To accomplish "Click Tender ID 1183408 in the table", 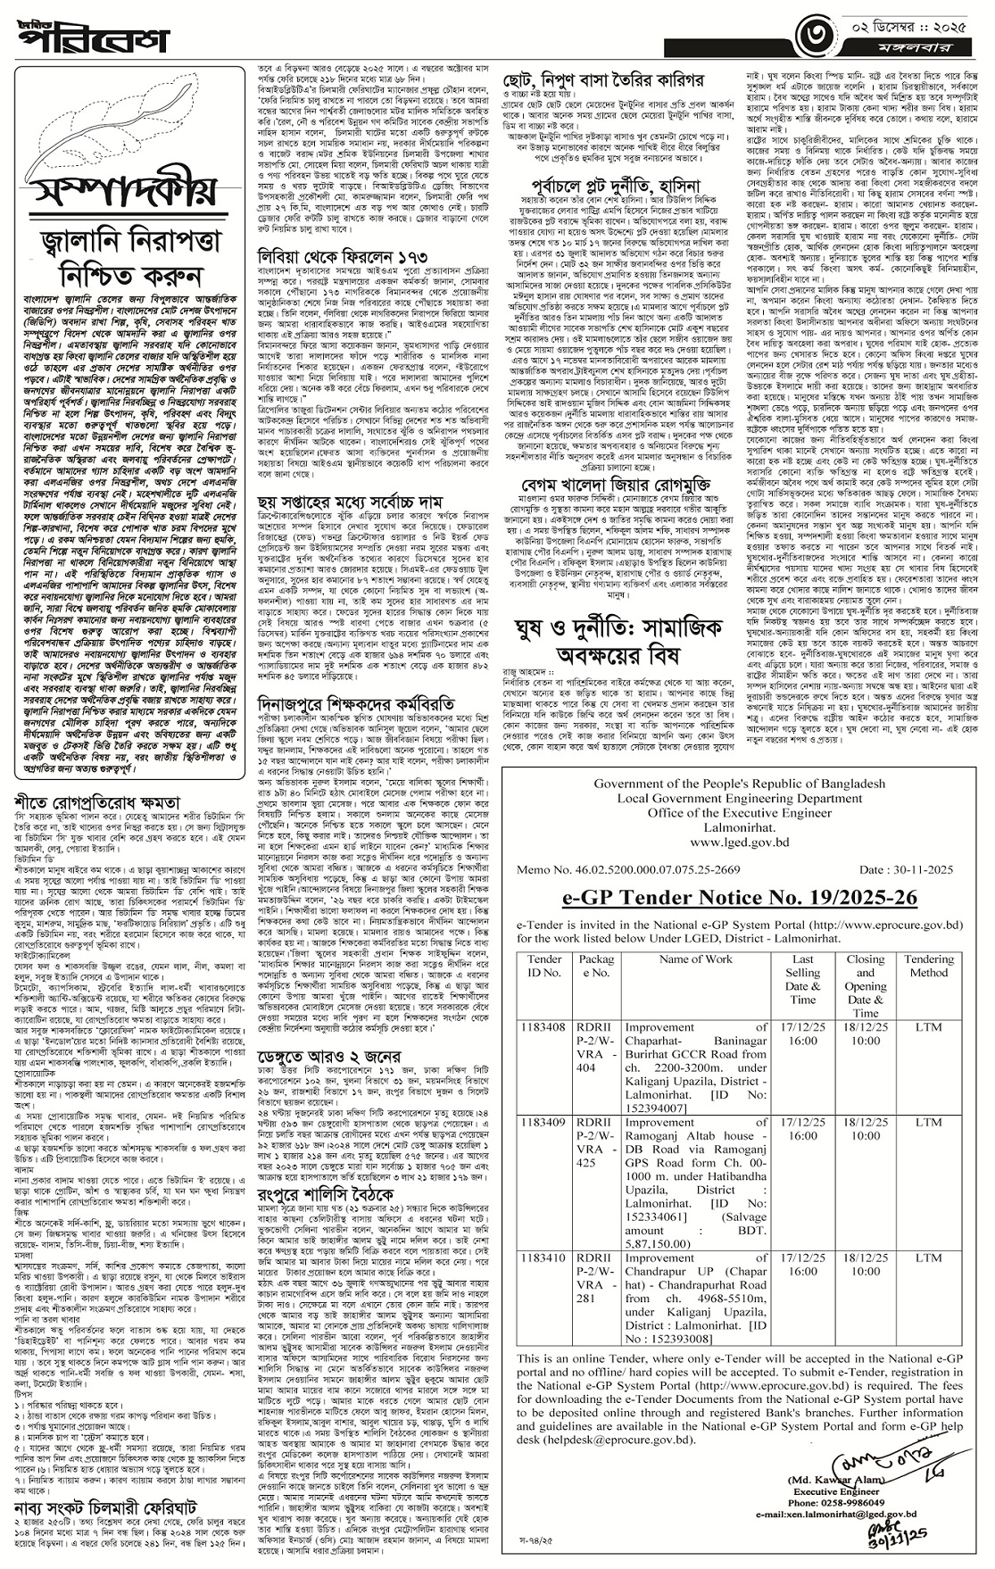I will pos(543,1027).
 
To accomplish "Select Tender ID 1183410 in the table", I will pos(543,1257).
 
